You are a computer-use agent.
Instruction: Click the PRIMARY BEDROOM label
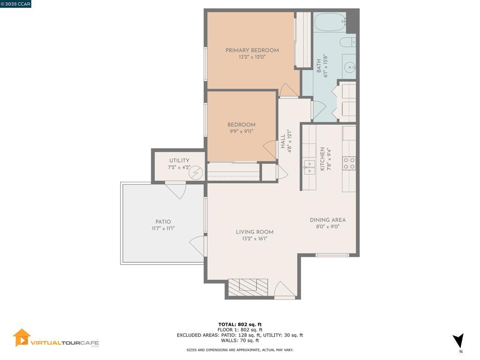point(252,50)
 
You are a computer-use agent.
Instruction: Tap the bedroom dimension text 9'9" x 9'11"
point(241,131)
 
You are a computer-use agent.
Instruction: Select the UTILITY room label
point(179,160)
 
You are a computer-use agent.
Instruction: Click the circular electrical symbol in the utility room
point(195,173)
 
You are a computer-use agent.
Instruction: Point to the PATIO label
point(163,222)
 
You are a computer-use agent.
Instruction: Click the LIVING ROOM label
point(255,232)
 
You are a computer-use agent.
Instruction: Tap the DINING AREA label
point(328,220)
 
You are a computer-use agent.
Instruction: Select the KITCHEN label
point(322,159)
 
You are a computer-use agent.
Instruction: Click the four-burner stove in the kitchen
point(349,163)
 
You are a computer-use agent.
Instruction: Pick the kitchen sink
point(309,167)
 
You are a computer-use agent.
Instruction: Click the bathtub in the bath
point(330,22)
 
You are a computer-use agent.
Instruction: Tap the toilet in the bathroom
point(348,42)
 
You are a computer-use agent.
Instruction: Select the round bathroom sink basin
point(350,67)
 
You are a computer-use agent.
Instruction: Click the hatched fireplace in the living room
point(248,287)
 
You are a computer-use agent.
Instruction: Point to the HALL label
point(283,141)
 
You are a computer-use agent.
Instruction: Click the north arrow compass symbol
point(459,341)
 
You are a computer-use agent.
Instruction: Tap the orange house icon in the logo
point(22,337)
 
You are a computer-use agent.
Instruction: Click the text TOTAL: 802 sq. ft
point(240,324)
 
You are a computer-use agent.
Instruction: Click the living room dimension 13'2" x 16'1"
point(255,239)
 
